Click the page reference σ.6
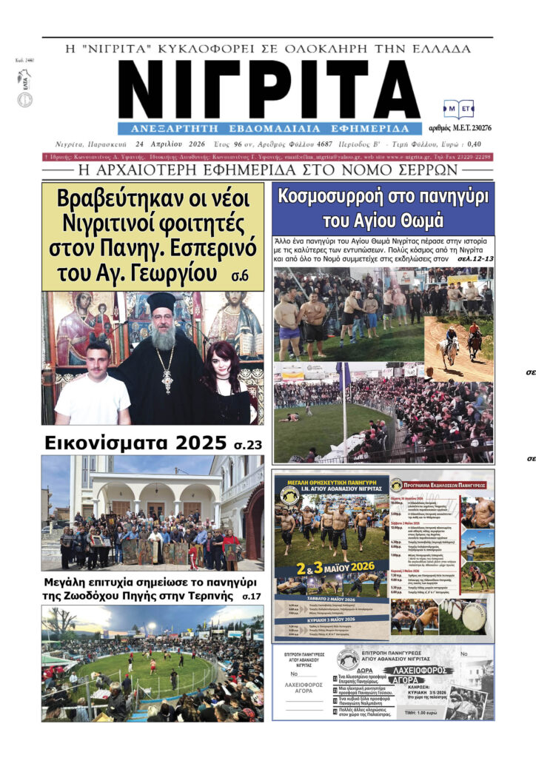click(x=239, y=276)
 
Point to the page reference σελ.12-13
click(x=475, y=261)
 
